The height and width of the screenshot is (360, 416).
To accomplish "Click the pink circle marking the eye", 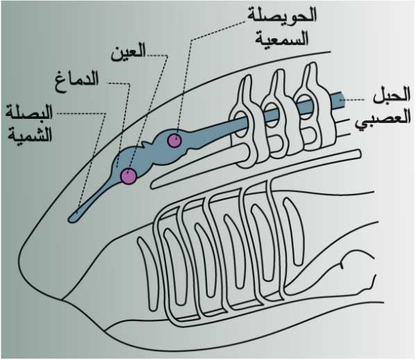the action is coord(128,176).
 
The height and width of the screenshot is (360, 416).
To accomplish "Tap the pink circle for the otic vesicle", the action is coord(174,140).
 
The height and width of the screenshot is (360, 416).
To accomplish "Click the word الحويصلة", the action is coord(282,15).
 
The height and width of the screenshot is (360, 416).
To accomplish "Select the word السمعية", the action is coord(282,39).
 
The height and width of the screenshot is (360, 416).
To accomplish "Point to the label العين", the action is coord(128,53).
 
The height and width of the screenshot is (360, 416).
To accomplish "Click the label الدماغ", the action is coord(77,80).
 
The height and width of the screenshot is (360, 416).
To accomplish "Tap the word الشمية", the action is coord(30,136).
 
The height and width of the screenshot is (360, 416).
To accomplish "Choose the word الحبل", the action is coord(392,96).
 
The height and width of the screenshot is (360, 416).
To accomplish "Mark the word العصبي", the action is coord(383,119).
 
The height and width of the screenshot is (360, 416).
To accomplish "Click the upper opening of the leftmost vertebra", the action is coord(241,124).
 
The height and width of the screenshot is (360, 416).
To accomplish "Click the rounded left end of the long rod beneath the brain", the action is coord(154,184).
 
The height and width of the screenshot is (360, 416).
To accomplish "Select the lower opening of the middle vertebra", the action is coord(276,144).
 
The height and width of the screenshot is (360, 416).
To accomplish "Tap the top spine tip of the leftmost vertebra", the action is coord(248,76).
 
